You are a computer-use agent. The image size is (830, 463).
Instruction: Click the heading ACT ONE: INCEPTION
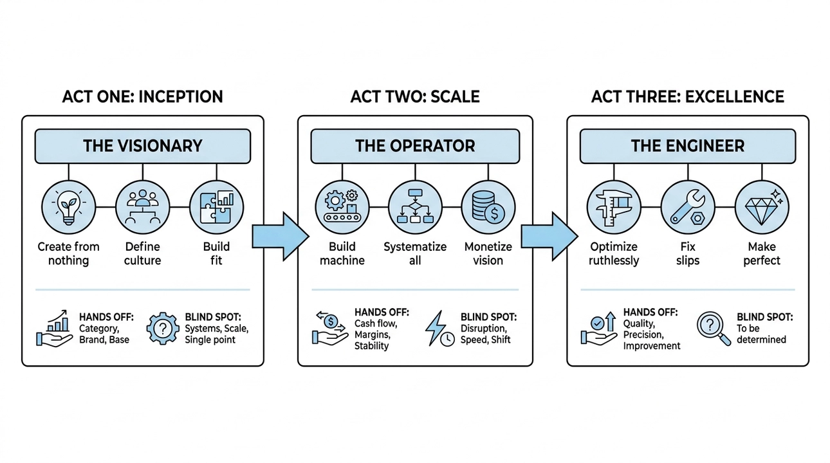click(142, 97)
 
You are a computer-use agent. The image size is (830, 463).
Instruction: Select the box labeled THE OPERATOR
click(415, 145)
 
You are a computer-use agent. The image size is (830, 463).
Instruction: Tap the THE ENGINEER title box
click(687, 145)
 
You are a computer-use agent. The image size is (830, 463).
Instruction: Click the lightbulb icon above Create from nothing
click(68, 208)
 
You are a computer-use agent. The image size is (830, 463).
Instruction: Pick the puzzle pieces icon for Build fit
click(216, 208)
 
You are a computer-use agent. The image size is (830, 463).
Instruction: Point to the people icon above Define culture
click(142, 208)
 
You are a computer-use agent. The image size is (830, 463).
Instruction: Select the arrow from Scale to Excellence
click(549, 236)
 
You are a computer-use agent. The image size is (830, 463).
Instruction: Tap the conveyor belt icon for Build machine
click(342, 208)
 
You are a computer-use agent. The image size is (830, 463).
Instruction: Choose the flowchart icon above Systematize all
click(415, 208)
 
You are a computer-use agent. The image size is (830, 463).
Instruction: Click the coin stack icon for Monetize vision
click(488, 208)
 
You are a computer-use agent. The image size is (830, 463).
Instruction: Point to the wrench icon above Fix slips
click(687, 208)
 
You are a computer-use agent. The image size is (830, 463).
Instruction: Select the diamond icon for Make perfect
click(761, 208)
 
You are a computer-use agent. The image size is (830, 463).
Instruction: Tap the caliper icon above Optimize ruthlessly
click(614, 208)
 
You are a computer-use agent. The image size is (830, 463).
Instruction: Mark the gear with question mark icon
click(163, 329)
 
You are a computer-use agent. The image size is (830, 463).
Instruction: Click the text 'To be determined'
click(761, 334)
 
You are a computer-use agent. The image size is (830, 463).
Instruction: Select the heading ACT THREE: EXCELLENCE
click(687, 97)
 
